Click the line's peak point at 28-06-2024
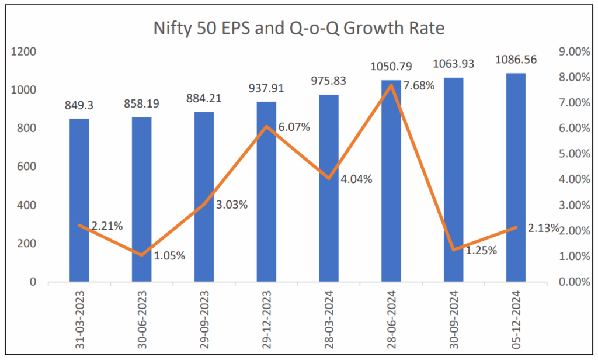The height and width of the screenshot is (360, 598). (391, 85)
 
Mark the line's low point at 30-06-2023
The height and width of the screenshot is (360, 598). (141, 255)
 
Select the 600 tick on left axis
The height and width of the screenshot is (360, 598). (27, 167)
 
